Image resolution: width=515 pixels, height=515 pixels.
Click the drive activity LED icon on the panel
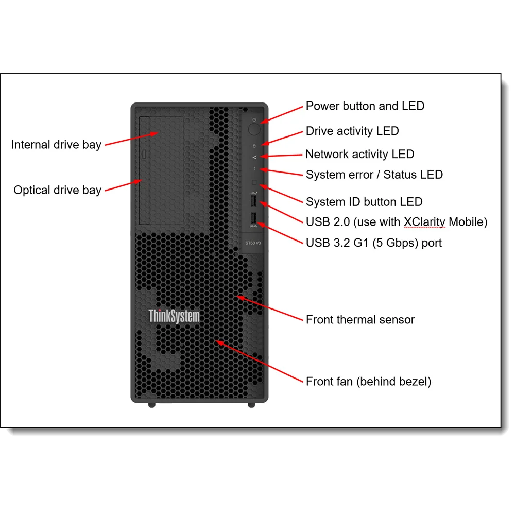pyautogui.click(x=254, y=146)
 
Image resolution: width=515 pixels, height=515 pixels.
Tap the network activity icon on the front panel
pyautogui.click(x=254, y=157)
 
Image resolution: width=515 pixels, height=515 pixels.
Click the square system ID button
pyautogui.click(x=254, y=183)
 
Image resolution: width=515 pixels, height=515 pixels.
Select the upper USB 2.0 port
pyautogui.click(x=254, y=199)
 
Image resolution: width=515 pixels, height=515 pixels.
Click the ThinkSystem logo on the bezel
pyautogui.click(x=174, y=316)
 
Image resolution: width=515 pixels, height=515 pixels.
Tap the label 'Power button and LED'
pyautogui.click(x=365, y=106)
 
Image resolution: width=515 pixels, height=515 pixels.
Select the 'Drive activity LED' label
pyautogui.click(x=352, y=131)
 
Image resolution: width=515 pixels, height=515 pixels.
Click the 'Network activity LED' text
pyautogui.click(x=360, y=154)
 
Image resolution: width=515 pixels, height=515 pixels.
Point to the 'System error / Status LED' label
pyautogui.click(x=374, y=175)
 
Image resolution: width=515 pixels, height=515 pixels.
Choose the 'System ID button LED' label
pyautogui.click(x=364, y=202)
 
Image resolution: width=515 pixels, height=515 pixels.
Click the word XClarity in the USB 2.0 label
pyautogui.click(x=424, y=222)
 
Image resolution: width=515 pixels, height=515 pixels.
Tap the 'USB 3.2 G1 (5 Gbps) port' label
pyautogui.click(x=374, y=243)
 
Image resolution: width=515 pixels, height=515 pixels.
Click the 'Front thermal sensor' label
pyautogui.click(x=360, y=319)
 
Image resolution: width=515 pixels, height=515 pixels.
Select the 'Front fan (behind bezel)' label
pyautogui.click(x=368, y=382)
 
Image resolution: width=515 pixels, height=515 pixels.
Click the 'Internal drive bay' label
pyautogui.click(x=56, y=144)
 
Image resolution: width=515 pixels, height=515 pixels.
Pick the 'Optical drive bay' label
pyautogui.click(x=57, y=190)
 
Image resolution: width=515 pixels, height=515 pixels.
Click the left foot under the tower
pyautogui.click(x=151, y=405)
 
